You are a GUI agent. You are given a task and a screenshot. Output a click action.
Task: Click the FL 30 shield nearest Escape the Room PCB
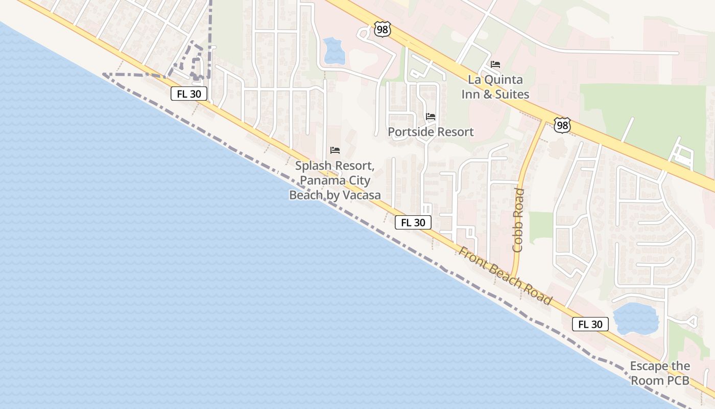[590, 324]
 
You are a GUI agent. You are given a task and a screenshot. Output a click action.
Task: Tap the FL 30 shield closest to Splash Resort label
[413, 222]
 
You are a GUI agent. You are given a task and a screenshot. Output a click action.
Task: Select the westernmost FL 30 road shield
[188, 94]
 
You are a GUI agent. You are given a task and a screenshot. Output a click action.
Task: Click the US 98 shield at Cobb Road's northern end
[562, 125]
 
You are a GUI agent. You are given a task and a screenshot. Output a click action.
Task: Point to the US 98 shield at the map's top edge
[382, 30]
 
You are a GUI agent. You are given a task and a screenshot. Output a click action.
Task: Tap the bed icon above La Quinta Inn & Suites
[495, 64]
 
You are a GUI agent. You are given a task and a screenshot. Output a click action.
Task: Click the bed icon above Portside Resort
[431, 117]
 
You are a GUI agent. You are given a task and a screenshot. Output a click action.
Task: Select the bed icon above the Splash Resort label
[335, 150]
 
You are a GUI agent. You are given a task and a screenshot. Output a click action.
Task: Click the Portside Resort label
[431, 132]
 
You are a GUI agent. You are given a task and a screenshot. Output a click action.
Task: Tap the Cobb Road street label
[518, 220]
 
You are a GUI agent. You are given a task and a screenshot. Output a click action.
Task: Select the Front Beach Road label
[505, 276]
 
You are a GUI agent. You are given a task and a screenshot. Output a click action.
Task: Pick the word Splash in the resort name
[314, 166]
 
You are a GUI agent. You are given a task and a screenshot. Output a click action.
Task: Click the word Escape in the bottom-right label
[649, 366]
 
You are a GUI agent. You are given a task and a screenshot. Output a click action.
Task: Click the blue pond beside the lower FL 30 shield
[635, 319]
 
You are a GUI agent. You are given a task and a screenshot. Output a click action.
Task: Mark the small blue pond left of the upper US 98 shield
[334, 51]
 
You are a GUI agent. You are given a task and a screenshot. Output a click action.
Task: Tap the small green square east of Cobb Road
[541, 227]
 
